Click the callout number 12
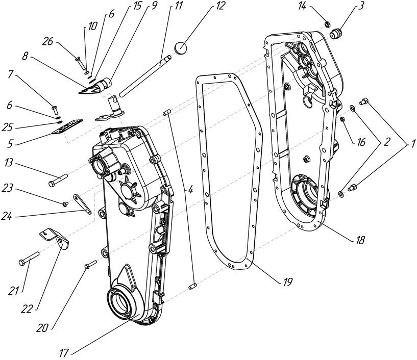pos(220,6)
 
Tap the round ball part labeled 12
pos(180,48)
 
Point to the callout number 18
pos(360,240)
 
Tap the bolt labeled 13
pos(59,180)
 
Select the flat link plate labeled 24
pos(82,203)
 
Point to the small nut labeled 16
pos(342,119)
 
